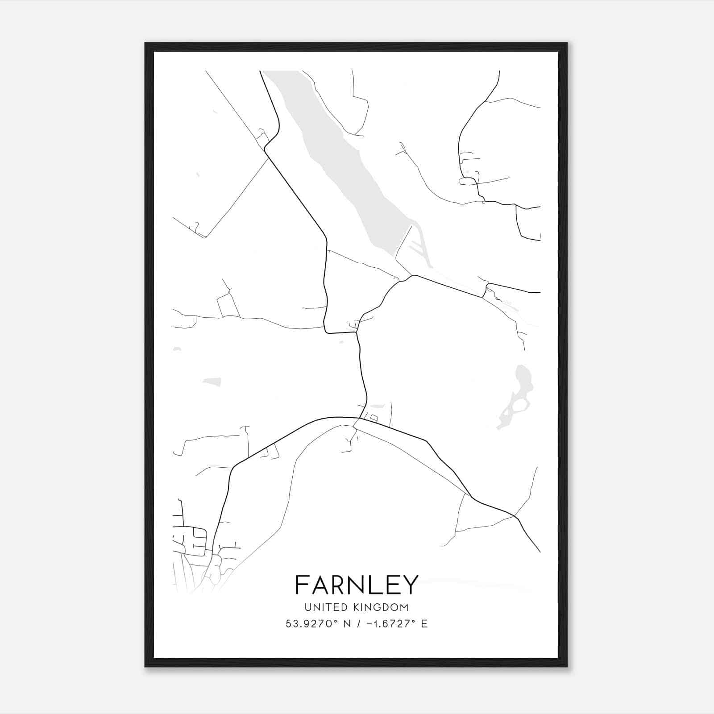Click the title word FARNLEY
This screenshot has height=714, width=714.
357,585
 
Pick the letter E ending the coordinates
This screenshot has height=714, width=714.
424,624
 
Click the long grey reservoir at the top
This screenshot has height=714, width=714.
348,161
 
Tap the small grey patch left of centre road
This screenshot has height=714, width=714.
212,382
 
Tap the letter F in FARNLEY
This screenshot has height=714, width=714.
302,585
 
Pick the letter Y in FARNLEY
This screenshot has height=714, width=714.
411,585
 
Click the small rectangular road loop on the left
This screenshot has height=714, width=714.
228,306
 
